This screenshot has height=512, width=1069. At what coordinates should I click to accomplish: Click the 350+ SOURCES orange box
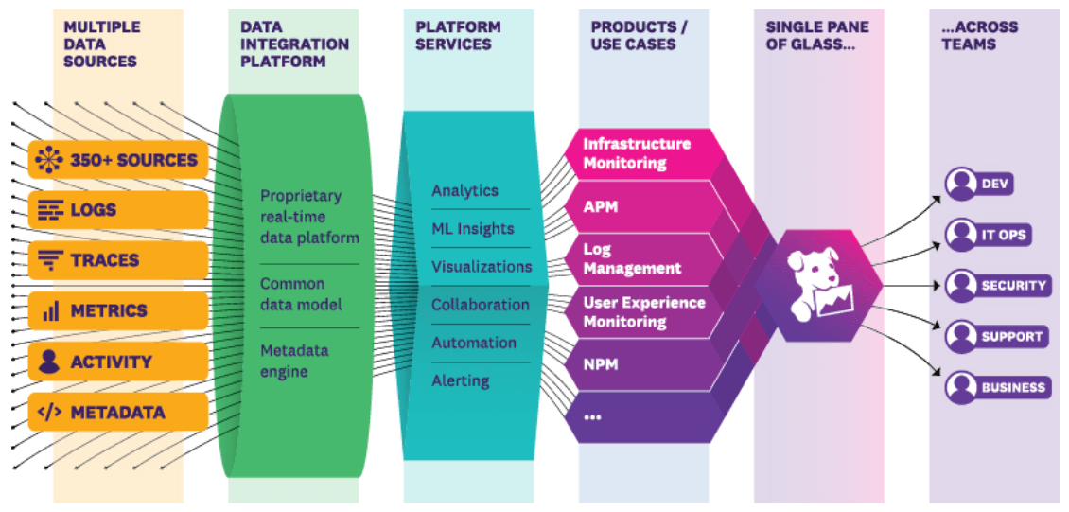(x=118, y=160)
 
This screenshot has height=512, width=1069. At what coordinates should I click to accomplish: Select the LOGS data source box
(x=118, y=210)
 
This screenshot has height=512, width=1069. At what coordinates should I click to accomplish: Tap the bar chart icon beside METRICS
(x=50, y=310)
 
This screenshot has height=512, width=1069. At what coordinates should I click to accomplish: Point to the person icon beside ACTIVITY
(x=50, y=362)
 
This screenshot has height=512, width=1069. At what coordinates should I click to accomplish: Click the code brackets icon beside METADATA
(x=50, y=413)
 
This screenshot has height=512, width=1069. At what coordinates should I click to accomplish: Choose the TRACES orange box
(x=118, y=260)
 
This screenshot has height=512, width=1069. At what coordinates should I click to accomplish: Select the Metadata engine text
(x=294, y=362)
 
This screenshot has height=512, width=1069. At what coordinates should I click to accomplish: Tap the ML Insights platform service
(x=473, y=229)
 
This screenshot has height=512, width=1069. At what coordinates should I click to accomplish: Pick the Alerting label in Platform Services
(x=461, y=380)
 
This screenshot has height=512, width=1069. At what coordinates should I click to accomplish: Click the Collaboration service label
(x=481, y=305)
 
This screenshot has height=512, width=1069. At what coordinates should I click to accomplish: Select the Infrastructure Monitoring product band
(x=637, y=153)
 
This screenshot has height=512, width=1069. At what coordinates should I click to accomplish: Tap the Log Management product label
(x=632, y=258)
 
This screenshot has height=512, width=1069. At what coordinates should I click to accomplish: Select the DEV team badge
(x=980, y=184)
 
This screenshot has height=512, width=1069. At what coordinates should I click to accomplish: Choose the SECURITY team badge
(x=998, y=285)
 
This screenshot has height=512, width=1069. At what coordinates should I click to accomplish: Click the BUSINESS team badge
(x=998, y=387)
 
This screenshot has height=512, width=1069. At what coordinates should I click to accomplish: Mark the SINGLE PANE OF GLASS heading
(x=815, y=35)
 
